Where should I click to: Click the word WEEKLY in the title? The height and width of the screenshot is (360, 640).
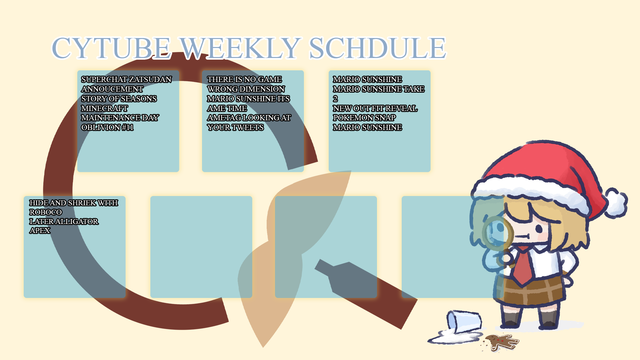(240, 48)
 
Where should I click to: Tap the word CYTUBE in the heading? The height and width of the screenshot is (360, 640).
(111, 48)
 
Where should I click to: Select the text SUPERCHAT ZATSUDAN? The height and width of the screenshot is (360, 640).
(126, 80)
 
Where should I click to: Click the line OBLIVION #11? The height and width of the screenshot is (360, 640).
(107, 128)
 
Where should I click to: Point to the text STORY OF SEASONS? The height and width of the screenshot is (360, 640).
(119, 99)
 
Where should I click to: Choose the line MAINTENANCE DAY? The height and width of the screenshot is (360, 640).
(120, 118)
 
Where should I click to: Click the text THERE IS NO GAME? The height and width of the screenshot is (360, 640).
(244, 80)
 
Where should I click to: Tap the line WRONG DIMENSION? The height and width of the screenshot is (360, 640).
(246, 89)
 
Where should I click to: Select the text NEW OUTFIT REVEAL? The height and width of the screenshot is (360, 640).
(375, 109)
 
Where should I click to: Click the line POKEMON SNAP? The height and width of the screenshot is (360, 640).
(364, 118)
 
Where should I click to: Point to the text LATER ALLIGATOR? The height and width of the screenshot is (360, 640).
(64, 222)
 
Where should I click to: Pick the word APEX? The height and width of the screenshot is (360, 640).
(40, 231)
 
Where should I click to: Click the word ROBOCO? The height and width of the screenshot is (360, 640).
(46, 212)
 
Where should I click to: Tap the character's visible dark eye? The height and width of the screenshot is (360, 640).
(539, 229)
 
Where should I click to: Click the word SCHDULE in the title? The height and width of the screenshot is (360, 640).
(377, 48)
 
